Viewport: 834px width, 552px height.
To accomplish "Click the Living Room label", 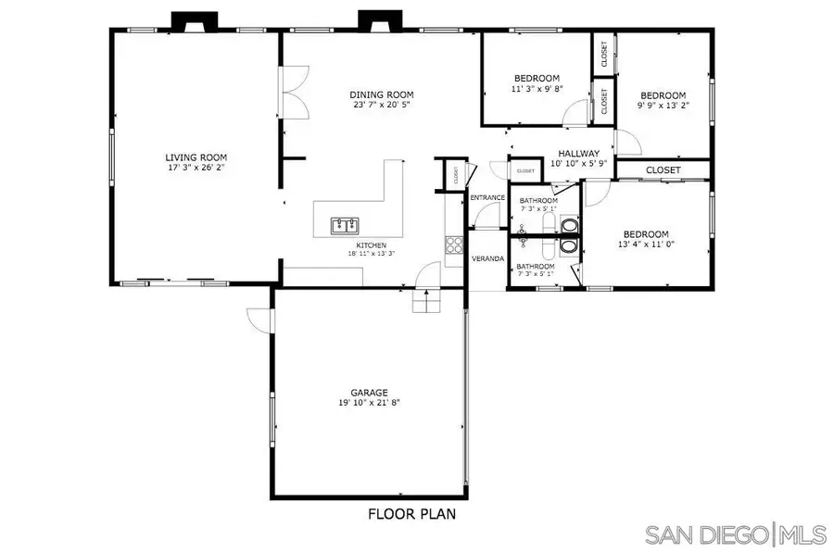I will point(196,157).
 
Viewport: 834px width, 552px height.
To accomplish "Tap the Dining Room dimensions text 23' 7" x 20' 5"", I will point(381,107).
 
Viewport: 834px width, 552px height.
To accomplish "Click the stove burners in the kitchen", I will point(454,245).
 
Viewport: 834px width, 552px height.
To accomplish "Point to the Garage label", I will point(369,392).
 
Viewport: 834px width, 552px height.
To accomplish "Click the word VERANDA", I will point(488,258).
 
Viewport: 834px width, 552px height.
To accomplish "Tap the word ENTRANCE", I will point(487,198).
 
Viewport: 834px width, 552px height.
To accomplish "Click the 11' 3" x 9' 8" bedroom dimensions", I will point(537,89).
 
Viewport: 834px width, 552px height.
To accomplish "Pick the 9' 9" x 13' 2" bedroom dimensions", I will point(663,107).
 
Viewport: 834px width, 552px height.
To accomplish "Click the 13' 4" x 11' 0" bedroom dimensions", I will point(645,245).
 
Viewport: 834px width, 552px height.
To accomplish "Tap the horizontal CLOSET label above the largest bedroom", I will point(663,170).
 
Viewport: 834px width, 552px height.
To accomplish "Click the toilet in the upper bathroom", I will point(568,225).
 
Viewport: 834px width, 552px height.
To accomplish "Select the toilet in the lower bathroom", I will point(568,246).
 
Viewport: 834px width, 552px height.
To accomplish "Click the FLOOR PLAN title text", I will point(411,512).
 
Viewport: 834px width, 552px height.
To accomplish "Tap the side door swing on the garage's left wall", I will point(259,318).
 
